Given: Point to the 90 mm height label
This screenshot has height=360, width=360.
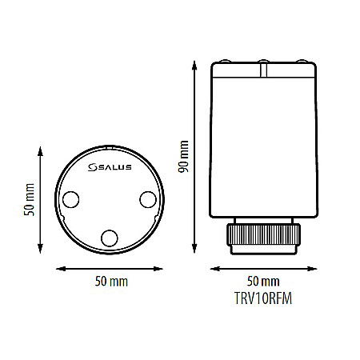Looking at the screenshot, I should click(183, 157).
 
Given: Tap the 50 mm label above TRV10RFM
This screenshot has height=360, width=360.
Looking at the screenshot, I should click(263, 282).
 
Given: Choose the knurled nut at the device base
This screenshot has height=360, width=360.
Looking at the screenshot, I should click(264, 237).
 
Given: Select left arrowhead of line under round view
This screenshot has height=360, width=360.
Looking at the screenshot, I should click(56, 269).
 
